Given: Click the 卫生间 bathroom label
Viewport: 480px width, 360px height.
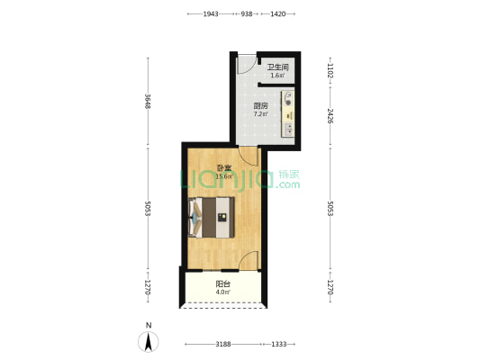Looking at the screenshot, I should tap(277, 67).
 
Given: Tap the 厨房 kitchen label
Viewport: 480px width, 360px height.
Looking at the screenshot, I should tap(259, 105).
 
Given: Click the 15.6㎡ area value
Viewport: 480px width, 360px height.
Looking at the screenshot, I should tap(224, 176).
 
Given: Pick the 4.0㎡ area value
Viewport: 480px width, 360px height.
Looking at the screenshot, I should tap(222, 292).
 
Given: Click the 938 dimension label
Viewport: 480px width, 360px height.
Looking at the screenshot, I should tap(246, 14).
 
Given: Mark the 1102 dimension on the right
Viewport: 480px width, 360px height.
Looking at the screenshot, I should tap(331, 71).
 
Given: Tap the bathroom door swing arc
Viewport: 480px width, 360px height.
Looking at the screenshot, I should tap(245, 65).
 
